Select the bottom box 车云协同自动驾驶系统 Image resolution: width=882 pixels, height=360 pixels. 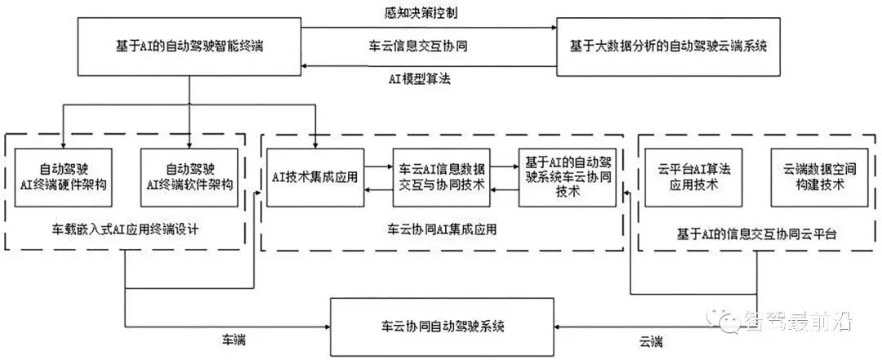coord(443,327)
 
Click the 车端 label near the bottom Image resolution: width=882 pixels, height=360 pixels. coord(232,338)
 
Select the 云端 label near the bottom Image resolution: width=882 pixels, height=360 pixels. coord(650,338)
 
